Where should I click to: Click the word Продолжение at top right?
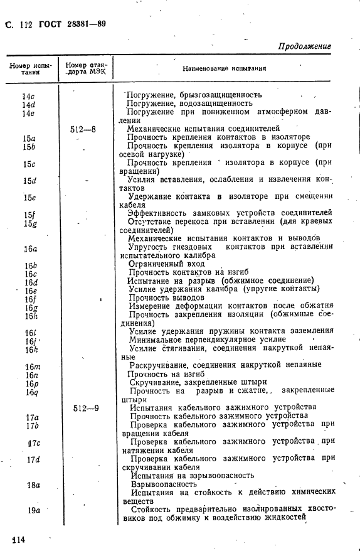click(x=304, y=46)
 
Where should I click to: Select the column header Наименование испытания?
click(x=224, y=68)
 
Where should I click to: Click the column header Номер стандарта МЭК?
click(x=86, y=68)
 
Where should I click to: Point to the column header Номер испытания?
click(x=29, y=68)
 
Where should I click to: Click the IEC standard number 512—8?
click(x=83, y=129)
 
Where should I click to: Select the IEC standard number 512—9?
click(x=85, y=407)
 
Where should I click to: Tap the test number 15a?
click(x=29, y=137)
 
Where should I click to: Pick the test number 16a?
click(x=30, y=248)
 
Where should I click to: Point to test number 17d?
click(x=33, y=459)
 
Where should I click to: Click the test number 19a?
click(x=33, y=510)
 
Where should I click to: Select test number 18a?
click(x=33, y=484)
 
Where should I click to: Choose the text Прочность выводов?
click(x=166, y=297)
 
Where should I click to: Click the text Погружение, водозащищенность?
click(x=189, y=104)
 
